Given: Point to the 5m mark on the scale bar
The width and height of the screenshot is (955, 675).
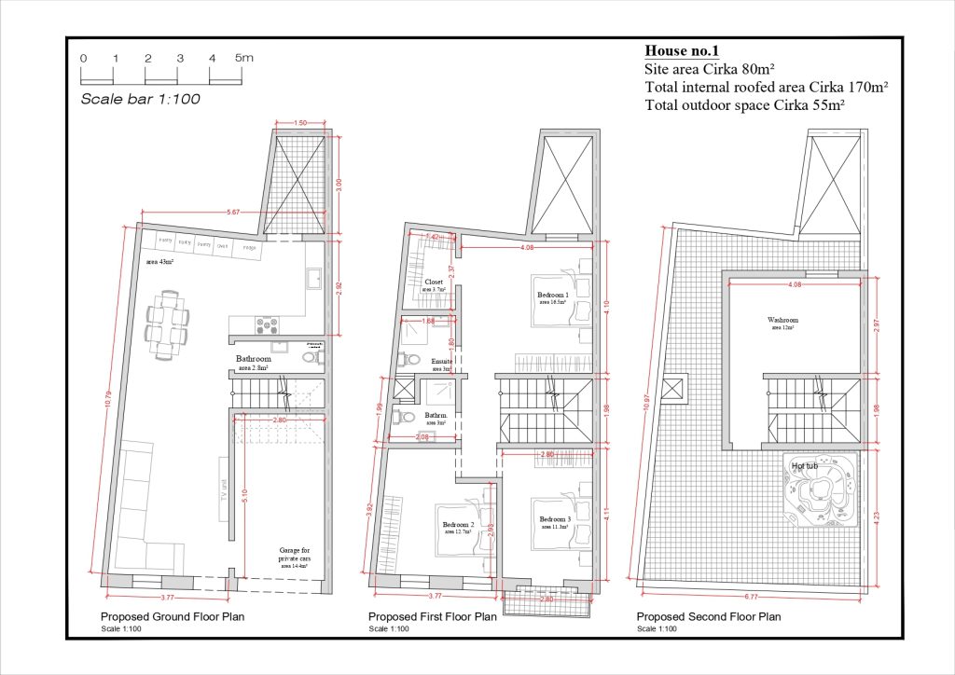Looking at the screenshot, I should tap(243, 58).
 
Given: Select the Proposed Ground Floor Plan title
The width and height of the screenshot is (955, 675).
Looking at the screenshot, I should tap(173, 617).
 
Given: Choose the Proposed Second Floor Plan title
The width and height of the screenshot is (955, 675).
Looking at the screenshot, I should tap(709, 617).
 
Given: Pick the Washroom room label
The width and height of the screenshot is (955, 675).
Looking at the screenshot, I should tap(783, 320).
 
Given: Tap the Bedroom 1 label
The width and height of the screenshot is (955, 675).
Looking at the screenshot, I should tap(554, 296).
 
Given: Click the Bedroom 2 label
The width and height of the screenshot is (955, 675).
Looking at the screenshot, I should tap(459, 525).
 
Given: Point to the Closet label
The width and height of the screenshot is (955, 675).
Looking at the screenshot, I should tap(434, 282).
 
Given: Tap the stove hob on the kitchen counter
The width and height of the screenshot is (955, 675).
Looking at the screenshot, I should tap(268, 324).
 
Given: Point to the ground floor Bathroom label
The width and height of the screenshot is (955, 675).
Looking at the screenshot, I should tap(253, 359).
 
